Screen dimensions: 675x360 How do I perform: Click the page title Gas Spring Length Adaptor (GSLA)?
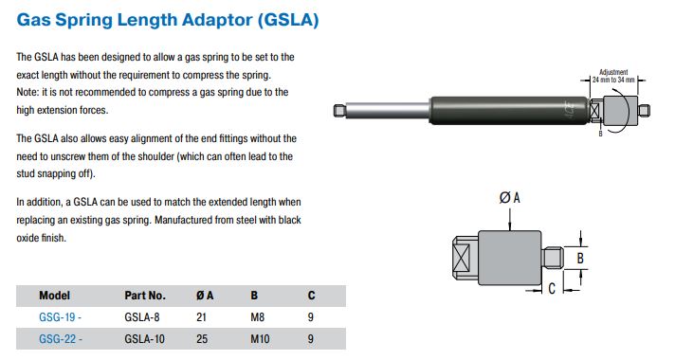click(x=168, y=20)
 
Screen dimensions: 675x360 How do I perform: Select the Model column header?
click(x=54, y=296)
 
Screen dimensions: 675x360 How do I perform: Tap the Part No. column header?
click(x=145, y=296)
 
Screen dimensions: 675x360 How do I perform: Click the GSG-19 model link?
click(x=60, y=317)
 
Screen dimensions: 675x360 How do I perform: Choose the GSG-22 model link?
click(x=61, y=339)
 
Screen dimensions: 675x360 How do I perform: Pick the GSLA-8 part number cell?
click(x=142, y=317)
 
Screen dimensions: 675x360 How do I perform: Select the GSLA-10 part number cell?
click(x=145, y=339)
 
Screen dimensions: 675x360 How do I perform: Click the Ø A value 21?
click(x=201, y=317)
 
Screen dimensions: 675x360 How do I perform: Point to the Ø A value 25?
click(x=202, y=339)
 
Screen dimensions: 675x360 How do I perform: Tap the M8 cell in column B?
click(x=258, y=317)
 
